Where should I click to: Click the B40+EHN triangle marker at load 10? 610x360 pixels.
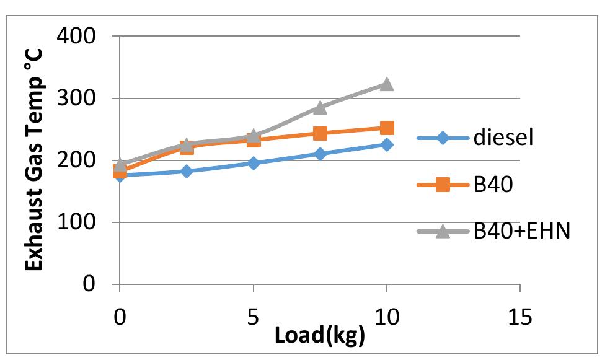[386, 84]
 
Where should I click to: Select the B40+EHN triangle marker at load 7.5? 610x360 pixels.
[320, 108]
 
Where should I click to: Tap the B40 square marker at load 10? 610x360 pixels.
[386, 128]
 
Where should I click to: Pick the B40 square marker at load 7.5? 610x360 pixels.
[320, 134]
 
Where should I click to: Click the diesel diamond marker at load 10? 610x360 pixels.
[386, 145]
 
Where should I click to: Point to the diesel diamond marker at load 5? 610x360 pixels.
[253, 164]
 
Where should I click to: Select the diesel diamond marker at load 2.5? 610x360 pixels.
[187, 171]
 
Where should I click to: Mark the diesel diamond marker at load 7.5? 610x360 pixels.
[320, 154]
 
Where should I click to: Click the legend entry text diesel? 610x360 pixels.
[503, 138]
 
